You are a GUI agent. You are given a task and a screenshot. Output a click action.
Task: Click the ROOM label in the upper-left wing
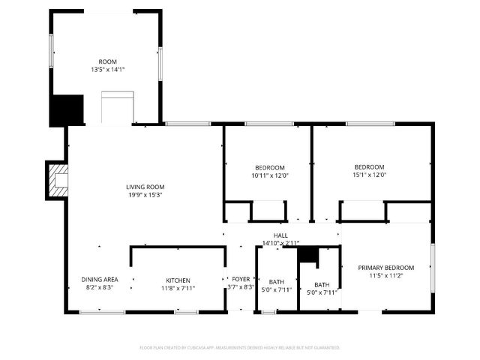(107, 61)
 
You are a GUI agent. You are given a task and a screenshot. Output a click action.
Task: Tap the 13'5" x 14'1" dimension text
(107, 70)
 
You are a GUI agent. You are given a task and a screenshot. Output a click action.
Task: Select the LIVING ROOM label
(145, 187)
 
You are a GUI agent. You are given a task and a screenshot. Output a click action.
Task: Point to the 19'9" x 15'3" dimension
(145, 195)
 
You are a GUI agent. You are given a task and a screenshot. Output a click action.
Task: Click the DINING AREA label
(100, 280)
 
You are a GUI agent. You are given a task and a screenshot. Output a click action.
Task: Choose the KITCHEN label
(178, 280)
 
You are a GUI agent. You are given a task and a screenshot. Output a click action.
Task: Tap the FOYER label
(241, 279)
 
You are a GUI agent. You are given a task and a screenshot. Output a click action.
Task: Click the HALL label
(280, 235)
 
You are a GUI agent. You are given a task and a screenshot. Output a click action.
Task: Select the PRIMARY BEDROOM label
(385, 268)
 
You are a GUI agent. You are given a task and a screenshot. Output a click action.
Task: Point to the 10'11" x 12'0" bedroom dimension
(269, 175)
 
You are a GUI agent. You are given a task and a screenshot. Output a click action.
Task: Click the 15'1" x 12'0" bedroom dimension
(369, 175)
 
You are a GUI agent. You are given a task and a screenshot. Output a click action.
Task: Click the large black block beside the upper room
(67, 110)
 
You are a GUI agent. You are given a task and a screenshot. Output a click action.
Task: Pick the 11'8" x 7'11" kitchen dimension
(178, 289)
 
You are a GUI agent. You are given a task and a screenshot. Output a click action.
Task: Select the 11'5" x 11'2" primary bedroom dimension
(385, 276)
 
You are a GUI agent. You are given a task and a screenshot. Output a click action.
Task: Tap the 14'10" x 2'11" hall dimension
(280, 243)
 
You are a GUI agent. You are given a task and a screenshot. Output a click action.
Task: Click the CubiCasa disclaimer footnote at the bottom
(240, 347)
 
